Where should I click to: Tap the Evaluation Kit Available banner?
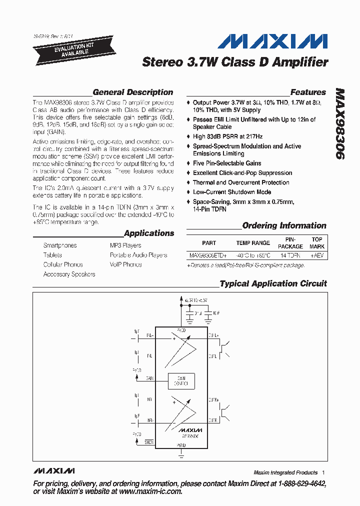70,48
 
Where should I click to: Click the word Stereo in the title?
161,62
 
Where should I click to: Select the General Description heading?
133,92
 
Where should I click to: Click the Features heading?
308,92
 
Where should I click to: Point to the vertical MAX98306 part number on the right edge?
339,125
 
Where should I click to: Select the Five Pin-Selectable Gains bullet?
227,163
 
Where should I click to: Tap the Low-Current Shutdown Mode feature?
232,192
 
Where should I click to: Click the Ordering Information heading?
284,226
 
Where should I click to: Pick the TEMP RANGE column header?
253,243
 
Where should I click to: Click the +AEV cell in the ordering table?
317,255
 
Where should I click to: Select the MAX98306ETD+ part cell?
208,255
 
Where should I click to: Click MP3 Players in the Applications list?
125,245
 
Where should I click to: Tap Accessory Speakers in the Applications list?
69,274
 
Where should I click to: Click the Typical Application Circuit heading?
273,284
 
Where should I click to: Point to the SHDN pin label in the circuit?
149,441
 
